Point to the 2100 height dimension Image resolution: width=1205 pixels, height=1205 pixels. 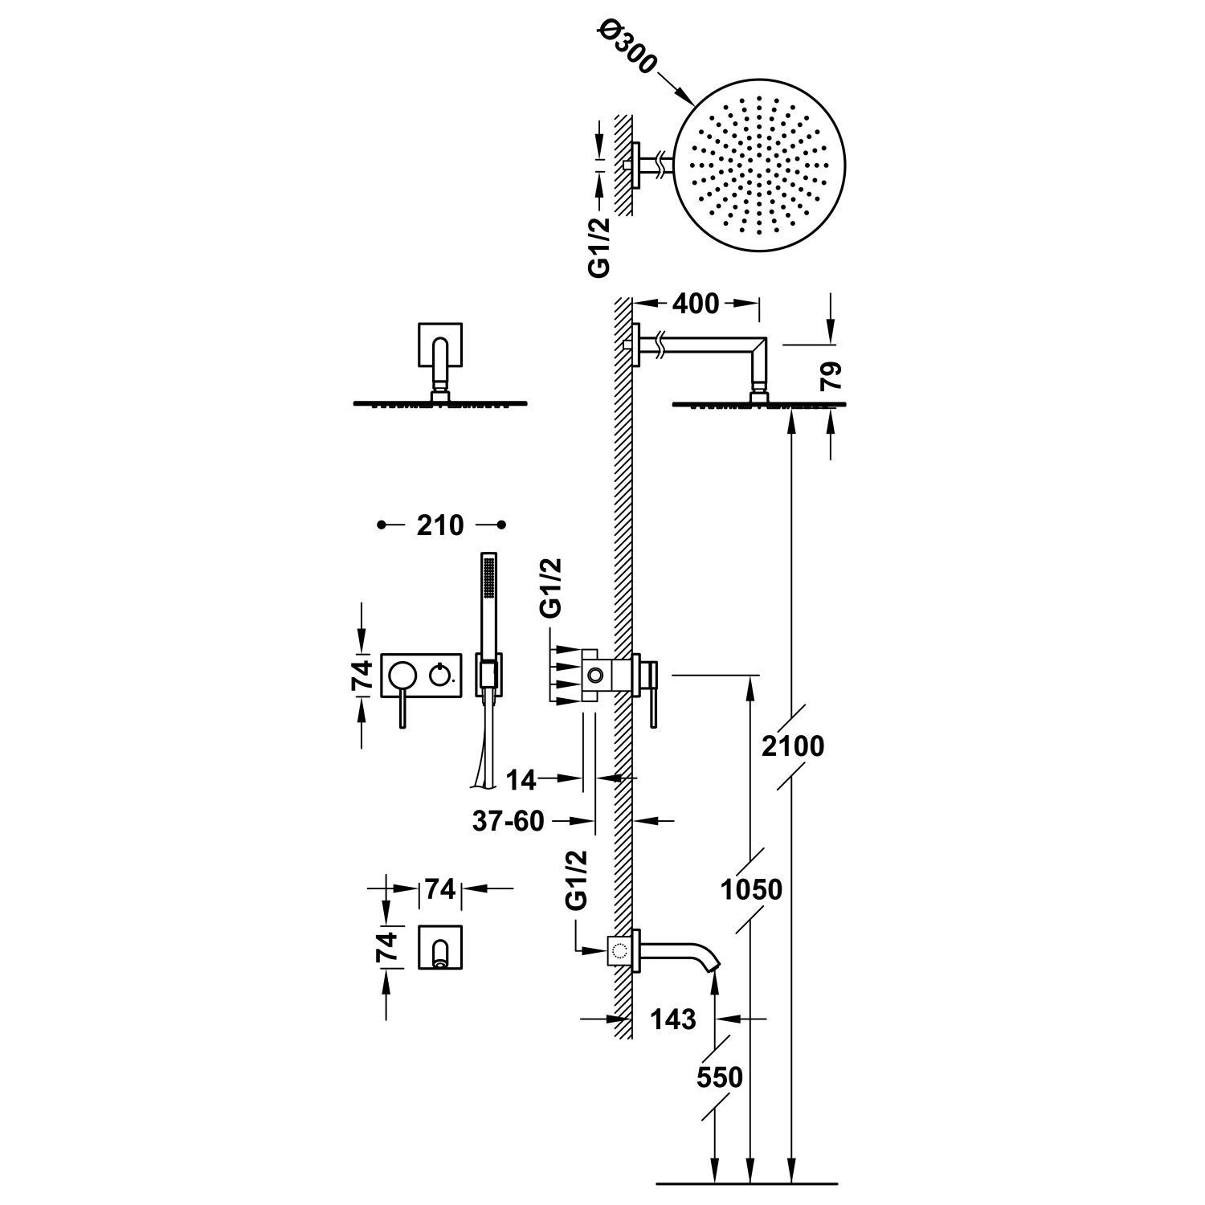click(x=794, y=745)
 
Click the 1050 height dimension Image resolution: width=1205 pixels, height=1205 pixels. click(x=751, y=890)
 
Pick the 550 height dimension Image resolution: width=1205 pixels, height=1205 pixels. click(x=720, y=1076)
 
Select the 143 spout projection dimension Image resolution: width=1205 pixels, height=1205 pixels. click(x=673, y=1019)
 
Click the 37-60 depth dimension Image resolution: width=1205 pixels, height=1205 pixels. click(x=509, y=821)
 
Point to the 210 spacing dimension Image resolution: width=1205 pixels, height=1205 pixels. click(x=440, y=525)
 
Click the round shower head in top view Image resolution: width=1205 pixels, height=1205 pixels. click(x=752, y=173)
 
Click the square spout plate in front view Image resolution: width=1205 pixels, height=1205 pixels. click(x=441, y=946)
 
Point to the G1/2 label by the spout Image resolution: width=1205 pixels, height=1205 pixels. click(x=577, y=880)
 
